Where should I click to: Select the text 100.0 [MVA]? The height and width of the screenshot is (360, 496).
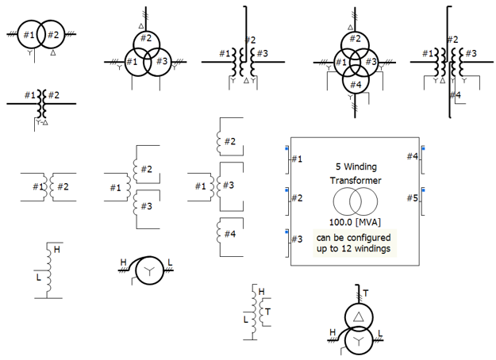tap(354, 222)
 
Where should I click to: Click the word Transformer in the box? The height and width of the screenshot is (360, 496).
tap(355, 181)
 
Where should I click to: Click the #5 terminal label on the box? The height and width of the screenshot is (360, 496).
tap(412, 198)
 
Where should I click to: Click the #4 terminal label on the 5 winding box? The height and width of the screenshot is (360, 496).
tap(412, 157)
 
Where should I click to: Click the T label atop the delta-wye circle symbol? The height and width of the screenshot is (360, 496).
tap(366, 294)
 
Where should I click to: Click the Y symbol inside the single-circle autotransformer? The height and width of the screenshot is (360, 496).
tap(148, 272)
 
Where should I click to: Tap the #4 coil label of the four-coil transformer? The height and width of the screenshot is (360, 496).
tap(229, 234)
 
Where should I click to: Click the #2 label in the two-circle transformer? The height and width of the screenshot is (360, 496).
tap(54, 35)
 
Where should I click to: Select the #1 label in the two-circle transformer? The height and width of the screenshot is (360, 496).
tap(29, 35)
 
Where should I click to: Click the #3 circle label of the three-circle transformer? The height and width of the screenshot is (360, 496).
tap(161, 62)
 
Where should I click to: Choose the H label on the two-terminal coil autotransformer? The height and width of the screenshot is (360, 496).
tap(57, 250)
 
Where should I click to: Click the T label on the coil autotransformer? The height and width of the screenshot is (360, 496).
tap(268, 312)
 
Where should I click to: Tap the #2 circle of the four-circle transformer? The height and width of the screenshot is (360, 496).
tap(356, 39)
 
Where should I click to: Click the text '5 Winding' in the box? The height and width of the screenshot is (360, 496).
tap(355, 167)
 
